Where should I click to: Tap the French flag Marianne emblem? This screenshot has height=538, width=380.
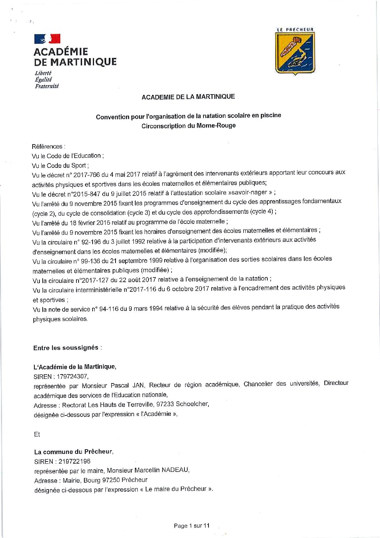coord(47,38)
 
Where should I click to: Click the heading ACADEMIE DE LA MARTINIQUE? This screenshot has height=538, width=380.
coord(188,97)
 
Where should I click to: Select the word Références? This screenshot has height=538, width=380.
coord(47,146)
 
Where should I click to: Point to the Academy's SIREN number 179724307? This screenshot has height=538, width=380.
coord(72,376)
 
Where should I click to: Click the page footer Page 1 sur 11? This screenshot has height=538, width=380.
coord(191,526)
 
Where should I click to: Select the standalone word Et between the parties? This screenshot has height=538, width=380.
coord(37,434)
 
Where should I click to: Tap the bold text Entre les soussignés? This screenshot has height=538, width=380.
coord(66,348)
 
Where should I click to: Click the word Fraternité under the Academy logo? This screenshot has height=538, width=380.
coord(47,86)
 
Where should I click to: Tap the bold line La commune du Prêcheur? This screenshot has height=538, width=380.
coord(74,452)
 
